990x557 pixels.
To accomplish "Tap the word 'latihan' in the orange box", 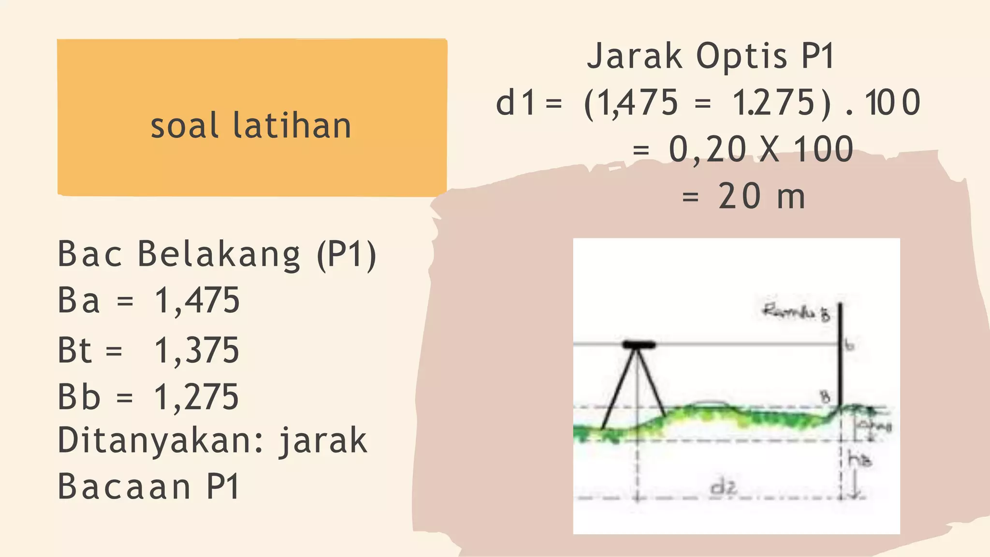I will (x=291, y=126).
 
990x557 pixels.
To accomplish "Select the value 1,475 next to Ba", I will (x=197, y=301).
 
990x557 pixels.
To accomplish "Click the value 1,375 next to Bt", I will (x=197, y=351).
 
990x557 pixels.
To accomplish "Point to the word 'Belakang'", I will (x=218, y=254).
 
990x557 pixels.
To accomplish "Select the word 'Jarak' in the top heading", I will (x=635, y=56).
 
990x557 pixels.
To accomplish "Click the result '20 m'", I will (x=761, y=197).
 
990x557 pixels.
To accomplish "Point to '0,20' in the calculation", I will (x=707, y=149).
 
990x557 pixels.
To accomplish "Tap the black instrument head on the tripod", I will (x=639, y=345).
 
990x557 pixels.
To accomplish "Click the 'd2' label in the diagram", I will (x=723, y=487).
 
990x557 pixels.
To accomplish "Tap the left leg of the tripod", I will (x=618, y=392).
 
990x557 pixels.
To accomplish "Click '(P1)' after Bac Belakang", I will (x=346, y=254).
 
